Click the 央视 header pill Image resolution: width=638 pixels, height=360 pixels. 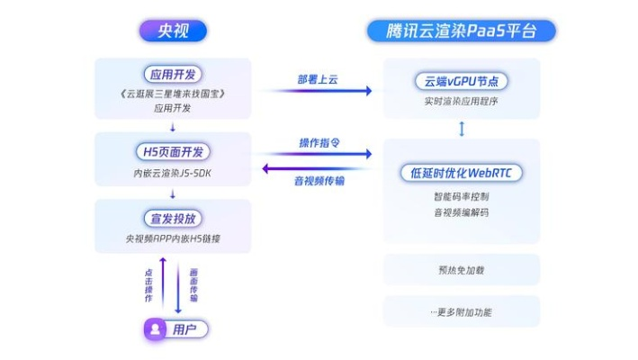click(172, 31)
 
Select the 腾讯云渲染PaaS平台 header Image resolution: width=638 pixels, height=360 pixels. click(461, 31)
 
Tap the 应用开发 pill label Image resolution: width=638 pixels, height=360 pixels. click(172, 75)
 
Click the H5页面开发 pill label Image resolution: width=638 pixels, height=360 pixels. click(172, 149)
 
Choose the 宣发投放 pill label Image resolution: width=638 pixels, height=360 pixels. click(172, 219)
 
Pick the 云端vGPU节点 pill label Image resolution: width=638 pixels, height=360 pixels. click(461, 81)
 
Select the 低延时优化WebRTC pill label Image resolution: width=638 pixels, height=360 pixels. click(461, 172)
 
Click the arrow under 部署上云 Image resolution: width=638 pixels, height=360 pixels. click(317, 91)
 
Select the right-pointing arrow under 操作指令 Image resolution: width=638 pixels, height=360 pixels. click(317, 155)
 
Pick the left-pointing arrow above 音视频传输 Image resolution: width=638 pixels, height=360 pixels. click(317, 168)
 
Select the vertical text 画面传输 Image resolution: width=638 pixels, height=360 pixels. click(193, 285)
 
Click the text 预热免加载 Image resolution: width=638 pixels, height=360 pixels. click(461, 270)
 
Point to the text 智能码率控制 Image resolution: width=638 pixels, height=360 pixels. click(461, 196)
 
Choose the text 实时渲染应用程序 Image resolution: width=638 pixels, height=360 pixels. click(461, 101)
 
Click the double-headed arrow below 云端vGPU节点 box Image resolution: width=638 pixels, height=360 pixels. click(462, 129)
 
